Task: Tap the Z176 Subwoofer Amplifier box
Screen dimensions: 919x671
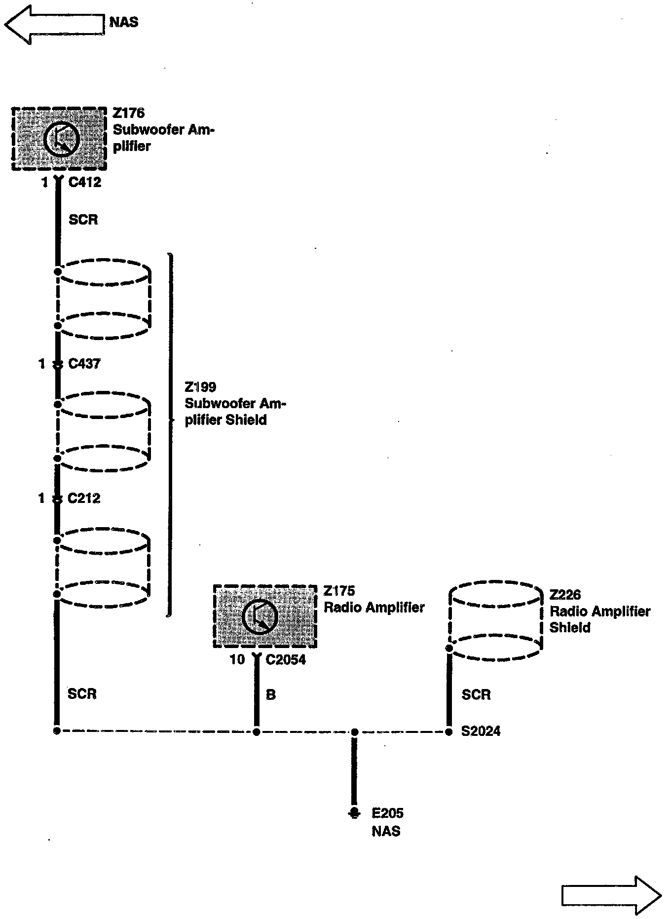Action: pos(59,139)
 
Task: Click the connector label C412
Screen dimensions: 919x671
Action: pos(84,183)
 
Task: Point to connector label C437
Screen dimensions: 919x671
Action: pos(84,364)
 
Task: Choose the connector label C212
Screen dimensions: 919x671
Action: pos(84,498)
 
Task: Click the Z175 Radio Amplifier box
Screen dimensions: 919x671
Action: pos(265,616)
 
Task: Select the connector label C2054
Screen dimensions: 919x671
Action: pos(286,660)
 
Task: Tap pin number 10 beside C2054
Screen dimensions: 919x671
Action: pos(237,660)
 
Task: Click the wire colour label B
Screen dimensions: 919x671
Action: pos(270,695)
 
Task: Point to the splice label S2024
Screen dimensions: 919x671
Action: pos(481,731)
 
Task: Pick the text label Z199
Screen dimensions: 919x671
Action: pos(200,387)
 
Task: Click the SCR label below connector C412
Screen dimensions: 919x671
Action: pos(83,220)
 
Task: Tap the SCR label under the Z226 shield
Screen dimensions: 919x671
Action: pos(476,695)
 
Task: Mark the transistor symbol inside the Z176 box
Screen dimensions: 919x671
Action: pos(61,139)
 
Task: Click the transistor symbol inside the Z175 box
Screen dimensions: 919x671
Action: pos(260,616)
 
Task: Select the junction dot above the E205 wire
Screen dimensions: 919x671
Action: pos(354,732)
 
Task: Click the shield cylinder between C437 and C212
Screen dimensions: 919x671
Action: pos(103,431)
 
